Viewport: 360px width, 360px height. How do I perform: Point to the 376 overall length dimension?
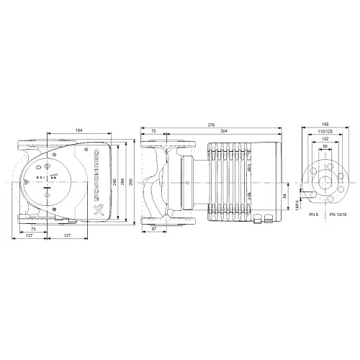[210, 124]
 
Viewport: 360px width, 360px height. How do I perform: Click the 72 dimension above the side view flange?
[154, 130]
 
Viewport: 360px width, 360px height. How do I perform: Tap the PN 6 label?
[312, 215]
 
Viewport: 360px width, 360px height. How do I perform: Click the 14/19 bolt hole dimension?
[297, 207]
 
